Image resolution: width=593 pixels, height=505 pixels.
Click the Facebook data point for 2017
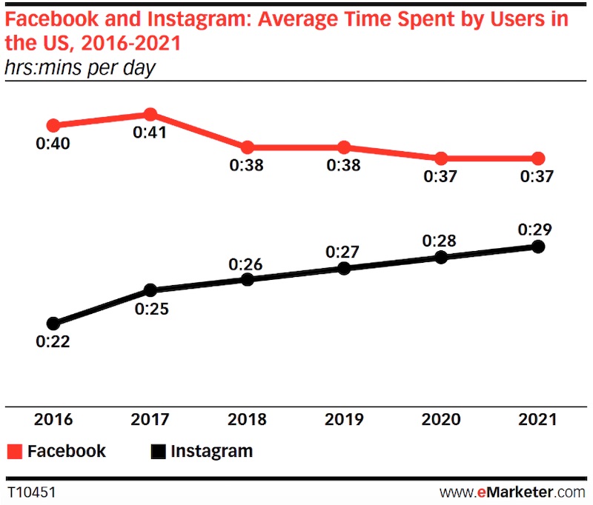(150, 114)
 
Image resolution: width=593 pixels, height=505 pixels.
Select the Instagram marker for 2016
(53, 324)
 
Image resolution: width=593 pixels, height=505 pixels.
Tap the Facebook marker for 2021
(539, 158)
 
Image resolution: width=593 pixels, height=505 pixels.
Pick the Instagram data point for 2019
(344, 268)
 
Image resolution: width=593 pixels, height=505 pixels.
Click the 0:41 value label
(150, 133)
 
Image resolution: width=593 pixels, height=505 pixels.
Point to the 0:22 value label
(53, 343)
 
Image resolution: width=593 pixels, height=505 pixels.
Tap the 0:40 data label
(53, 144)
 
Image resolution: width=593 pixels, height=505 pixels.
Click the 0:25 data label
(151, 309)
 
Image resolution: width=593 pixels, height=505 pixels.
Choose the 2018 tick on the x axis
(248, 419)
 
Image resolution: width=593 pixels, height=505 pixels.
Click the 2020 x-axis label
(441, 419)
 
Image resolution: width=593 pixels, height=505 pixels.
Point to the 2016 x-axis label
(53, 419)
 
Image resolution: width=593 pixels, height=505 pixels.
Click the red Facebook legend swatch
(15, 452)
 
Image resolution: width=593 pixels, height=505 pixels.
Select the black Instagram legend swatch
(158, 452)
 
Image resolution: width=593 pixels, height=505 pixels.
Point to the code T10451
(31, 492)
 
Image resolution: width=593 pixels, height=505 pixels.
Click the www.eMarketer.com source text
(512, 492)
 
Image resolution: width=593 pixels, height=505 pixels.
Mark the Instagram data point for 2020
(441, 257)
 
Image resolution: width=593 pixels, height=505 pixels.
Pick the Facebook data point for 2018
(248, 147)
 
